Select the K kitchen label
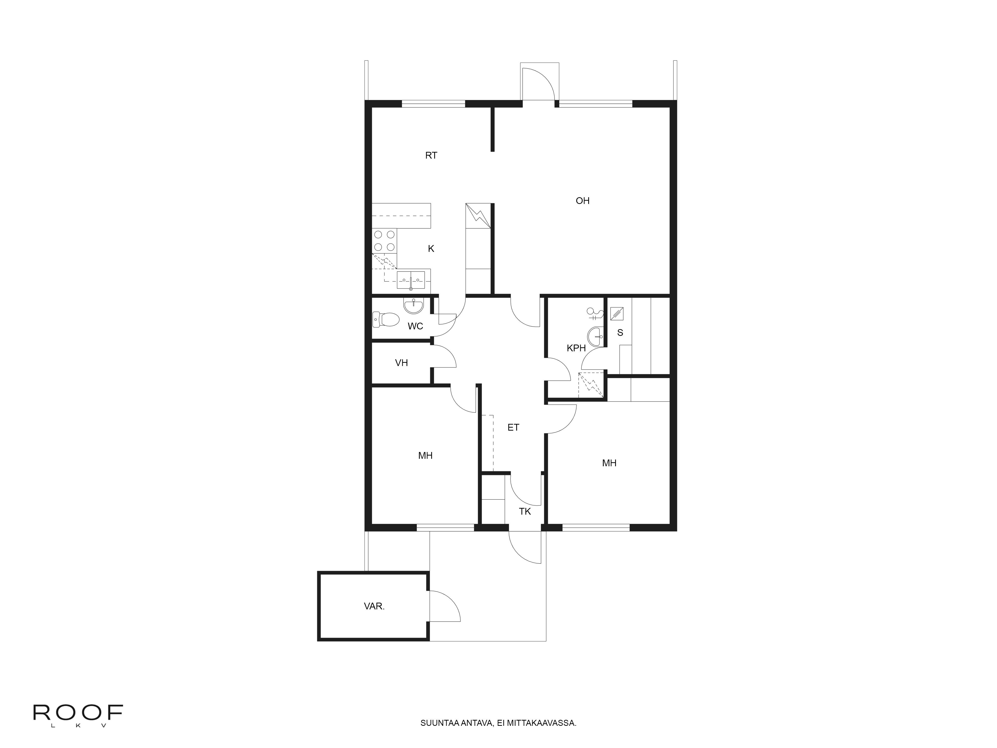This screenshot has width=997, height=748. tap(431, 248)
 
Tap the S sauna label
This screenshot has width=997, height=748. tap(620, 333)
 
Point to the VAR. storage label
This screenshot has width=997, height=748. tap(374, 606)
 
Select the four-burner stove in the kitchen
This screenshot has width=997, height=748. tap(384, 241)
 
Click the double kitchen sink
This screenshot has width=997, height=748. tap(411, 280)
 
